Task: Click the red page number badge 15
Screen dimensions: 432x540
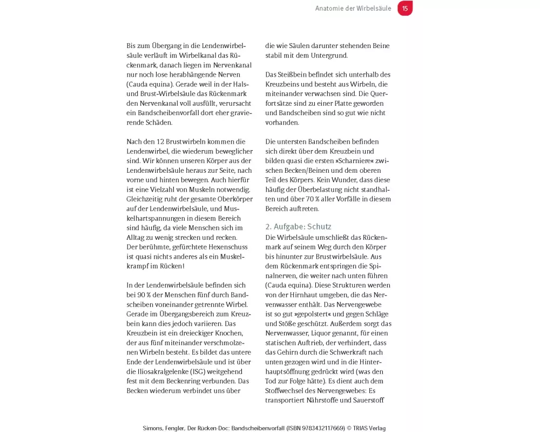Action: [404, 8]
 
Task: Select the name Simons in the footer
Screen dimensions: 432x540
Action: [154, 428]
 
